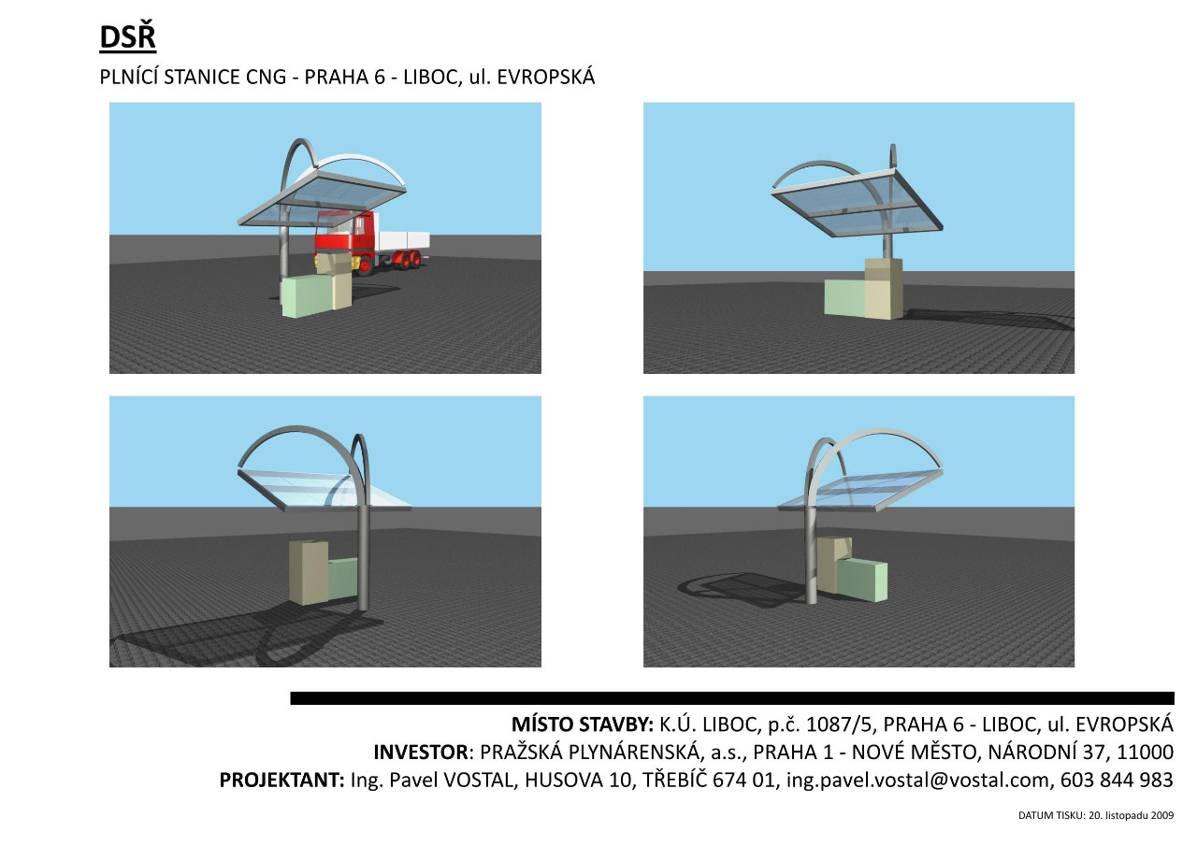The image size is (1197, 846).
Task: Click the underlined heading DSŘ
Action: click(127, 37)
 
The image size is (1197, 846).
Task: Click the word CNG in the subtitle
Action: click(266, 78)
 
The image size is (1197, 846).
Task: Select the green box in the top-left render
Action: click(306, 297)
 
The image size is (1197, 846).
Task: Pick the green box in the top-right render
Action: click(844, 297)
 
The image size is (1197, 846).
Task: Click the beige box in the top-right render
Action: click(884, 289)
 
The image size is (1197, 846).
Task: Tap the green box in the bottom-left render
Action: click(342, 579)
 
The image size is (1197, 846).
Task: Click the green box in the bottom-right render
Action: click(862, 580)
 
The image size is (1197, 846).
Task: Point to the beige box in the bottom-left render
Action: click(309, 572)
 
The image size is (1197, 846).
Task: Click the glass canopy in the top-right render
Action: click(857, 203)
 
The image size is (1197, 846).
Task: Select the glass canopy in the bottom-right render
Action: click(859, 490)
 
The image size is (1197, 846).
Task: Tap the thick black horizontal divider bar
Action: click(732, 698)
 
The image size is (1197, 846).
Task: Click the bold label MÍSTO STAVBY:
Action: click(583, 724)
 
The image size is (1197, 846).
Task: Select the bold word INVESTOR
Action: click(421, 753)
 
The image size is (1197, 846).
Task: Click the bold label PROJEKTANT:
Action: click(282, 781)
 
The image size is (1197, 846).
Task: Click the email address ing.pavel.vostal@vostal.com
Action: click(918, 781)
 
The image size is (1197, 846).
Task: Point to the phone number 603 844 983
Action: click(1117, 781)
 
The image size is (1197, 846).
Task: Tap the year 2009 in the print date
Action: click(1162, 815)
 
